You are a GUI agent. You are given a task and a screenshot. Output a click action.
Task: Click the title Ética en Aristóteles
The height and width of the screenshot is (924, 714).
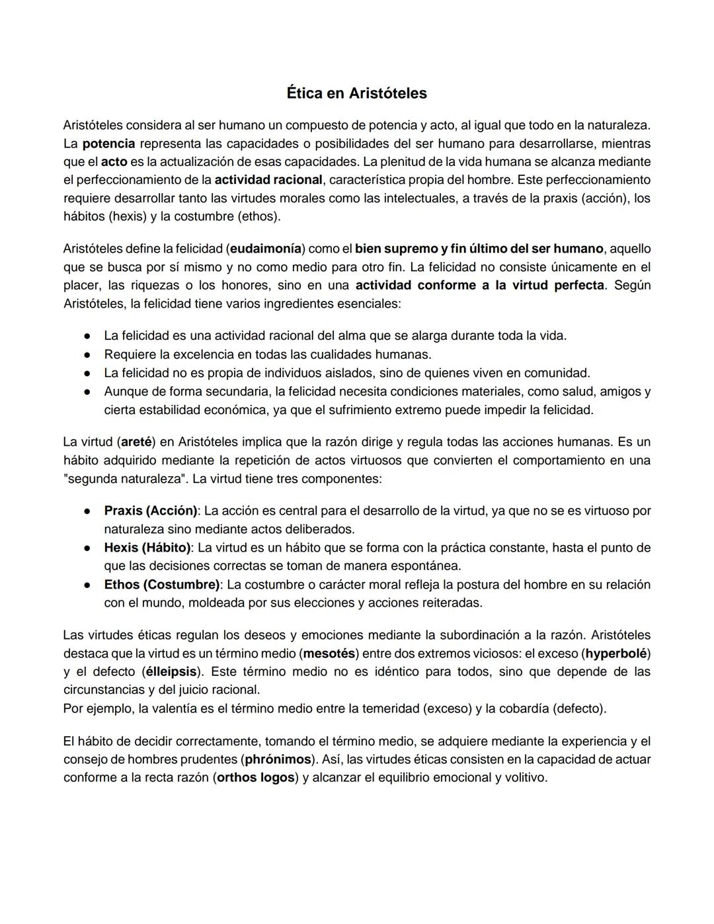point(356,93)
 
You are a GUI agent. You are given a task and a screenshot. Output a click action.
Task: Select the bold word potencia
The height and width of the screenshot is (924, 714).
point(108,144)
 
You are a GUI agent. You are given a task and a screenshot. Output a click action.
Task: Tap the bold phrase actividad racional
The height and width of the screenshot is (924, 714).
point(268,180)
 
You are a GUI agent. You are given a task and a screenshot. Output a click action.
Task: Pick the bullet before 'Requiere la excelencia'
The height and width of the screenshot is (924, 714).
point(87,355)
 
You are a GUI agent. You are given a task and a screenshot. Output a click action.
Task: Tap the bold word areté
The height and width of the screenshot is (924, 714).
point(138,442)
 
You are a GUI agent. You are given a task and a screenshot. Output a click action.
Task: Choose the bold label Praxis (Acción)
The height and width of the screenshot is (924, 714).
point(151,511)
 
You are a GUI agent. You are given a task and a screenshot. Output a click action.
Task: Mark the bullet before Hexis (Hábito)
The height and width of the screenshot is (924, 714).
point(87,548)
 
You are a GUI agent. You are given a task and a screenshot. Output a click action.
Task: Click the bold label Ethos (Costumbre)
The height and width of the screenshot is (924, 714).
point(162,585)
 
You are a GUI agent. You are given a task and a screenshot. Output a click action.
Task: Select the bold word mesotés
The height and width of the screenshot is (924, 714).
point(329,653)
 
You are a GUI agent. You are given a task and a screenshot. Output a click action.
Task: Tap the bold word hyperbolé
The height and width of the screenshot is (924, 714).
point(615,653)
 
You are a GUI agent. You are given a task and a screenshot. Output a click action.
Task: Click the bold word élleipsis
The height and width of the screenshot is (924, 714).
point(171,671)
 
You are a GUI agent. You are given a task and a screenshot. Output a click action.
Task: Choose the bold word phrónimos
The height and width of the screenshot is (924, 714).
point(278,759)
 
